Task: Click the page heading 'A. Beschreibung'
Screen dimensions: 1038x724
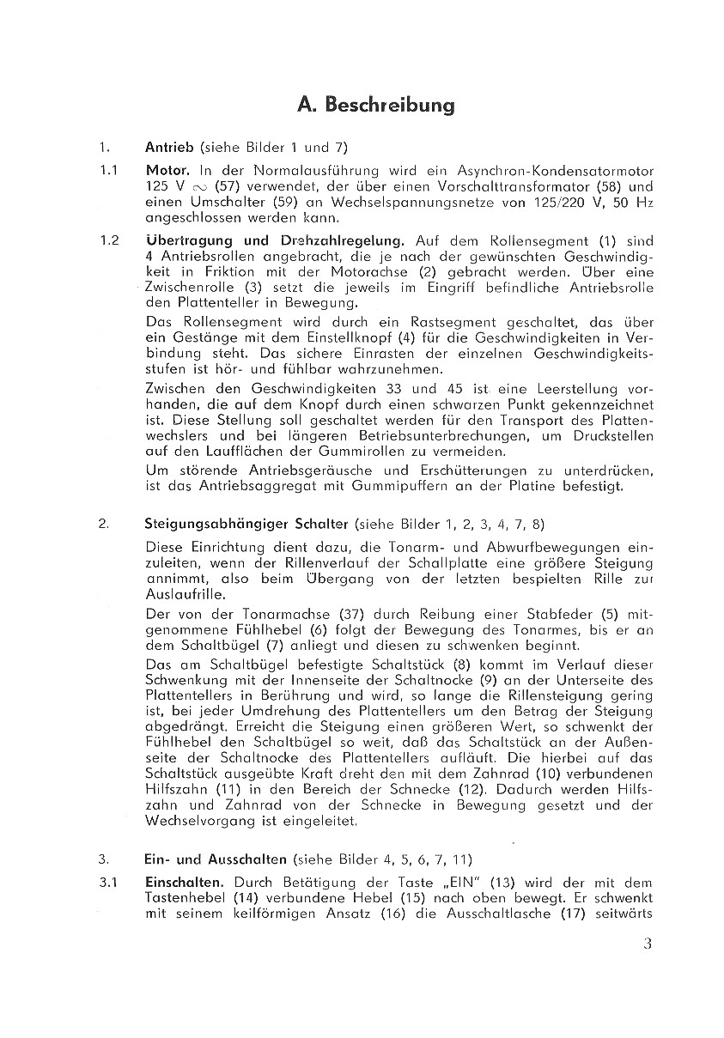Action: (375, 106)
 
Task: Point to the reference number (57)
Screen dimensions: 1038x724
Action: (207, 185)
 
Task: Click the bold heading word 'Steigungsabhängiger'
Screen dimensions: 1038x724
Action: (213, 524)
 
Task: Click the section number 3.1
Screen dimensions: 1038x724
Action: (107, 882)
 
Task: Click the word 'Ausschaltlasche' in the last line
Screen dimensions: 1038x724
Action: (501, 912)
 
